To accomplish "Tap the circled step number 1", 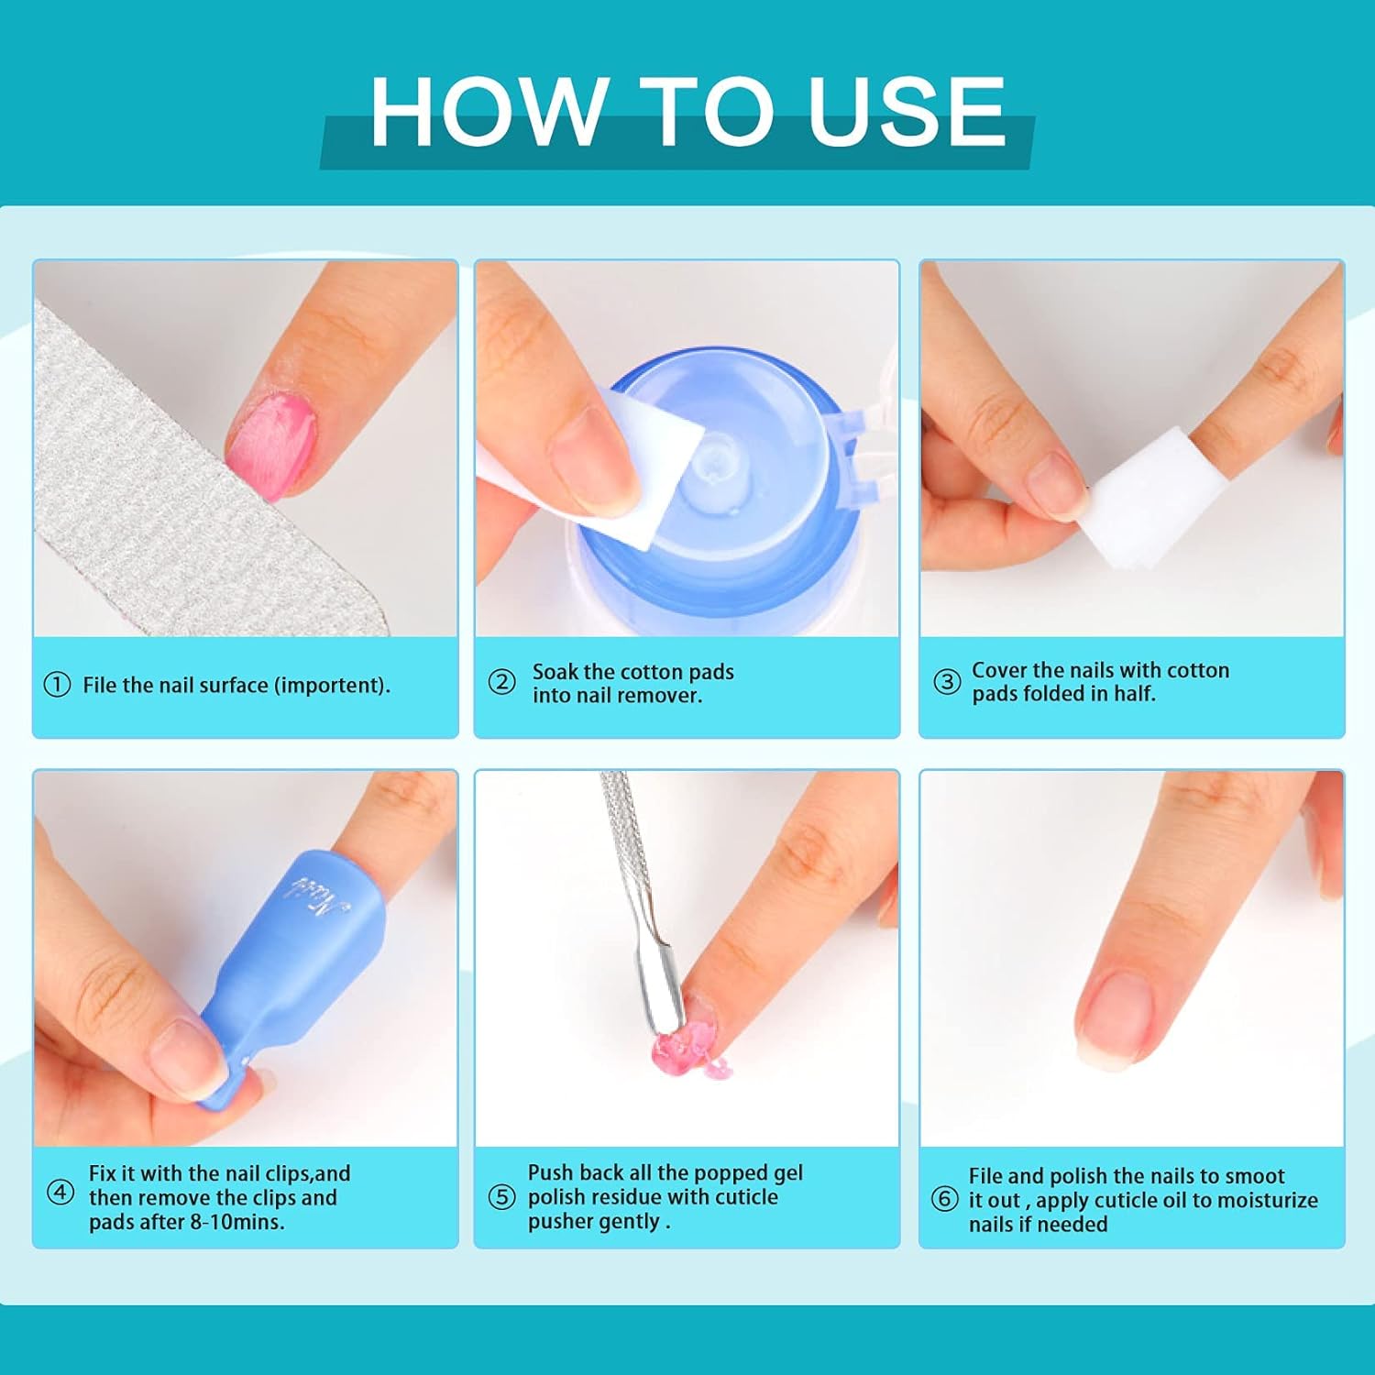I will (x=57, y=685).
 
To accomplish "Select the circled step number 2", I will (x=501, y=682).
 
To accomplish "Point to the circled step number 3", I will (x=946, y=681).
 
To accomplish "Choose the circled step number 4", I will (x=60, y=1193).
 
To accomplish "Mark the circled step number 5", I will (x=501, y=1197).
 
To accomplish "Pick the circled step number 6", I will (x=944, y=1199).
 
